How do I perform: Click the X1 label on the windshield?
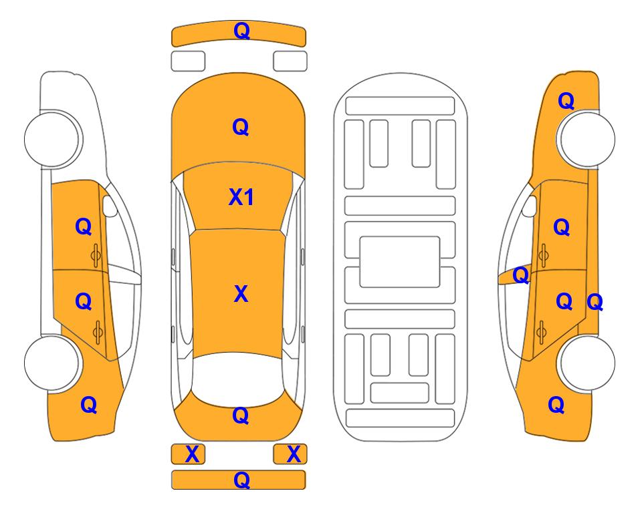[x=241, y=198]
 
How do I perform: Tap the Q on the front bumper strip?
[x=241, y=31]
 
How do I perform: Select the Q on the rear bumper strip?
[x=241, y=480]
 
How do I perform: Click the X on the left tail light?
[x=192, y=454]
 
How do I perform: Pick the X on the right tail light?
[x=294, y=454]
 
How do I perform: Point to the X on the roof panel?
[x=241, y=294]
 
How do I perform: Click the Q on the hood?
[x=241, y=127]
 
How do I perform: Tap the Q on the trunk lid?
[x=241, y=416]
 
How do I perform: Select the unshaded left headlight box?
[x=188, y=61]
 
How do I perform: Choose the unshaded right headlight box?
[x=290, y=61]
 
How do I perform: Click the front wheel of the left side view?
[x=53, y=138]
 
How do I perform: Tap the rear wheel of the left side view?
[x=52, y=363]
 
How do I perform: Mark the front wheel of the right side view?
[x=586, y=139]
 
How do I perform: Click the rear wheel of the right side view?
[x=586, y=363]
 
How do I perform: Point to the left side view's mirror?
[x=109, y=206]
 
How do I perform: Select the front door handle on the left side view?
[x=96, y=255]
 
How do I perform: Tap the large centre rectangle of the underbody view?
[x=400, y=262]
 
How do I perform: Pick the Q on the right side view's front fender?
[x=566, y=101]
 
